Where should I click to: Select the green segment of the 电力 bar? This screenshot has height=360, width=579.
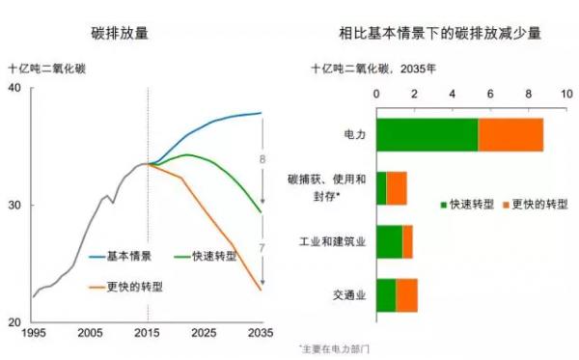427,135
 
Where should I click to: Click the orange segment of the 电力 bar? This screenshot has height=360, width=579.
510,135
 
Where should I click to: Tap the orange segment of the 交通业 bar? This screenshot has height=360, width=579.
406,295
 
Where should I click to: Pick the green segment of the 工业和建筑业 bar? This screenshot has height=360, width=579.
389,241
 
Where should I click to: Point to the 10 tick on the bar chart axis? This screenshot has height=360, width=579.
567,95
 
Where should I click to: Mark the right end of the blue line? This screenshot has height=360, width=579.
262,113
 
